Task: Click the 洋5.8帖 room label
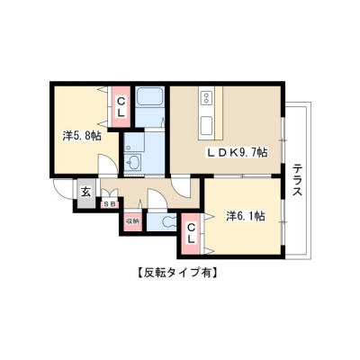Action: pyautogui.click(x=82, y=137)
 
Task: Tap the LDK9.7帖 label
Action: pyautogui.click(x=236, y=153)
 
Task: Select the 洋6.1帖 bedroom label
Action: pyautogui.click(x=246, y=216)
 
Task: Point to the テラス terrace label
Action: pyautogui.click(x=297, y=179)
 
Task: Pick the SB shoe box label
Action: pyautogui.click(x=110, y=204)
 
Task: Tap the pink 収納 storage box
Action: pyautogui.click(x=132, y=222)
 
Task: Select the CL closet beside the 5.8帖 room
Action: pyautogui.click(x=121, y=106)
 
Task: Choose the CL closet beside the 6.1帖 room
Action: pyautogui.click(x=191, y=234)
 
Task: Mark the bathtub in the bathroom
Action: pyautogui.click(x=149, y=96)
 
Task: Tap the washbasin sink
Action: pyautogui.click(x=134, y=164)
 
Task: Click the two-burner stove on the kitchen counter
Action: pyautogui.click(x=206, y=98)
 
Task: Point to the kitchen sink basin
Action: pyautogui.click(x=207, y=127)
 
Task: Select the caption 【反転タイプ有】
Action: pyautogui.click(x=177, y=273)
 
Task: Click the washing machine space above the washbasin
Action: pyautogui.click(x=134, y=142)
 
